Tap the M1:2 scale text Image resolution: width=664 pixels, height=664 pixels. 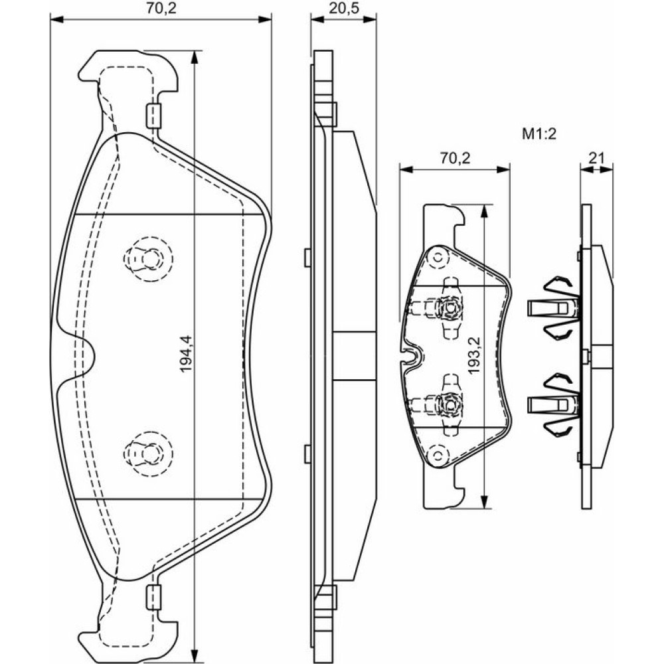(x=538, y=134)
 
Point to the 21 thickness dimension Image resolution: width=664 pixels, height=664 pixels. (x=596, y=157)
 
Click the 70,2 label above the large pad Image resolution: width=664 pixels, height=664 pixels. (x=161, y=9)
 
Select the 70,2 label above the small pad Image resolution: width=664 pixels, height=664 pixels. (x=455, y=157)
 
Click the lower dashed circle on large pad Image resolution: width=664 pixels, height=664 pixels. (x=147, y=452)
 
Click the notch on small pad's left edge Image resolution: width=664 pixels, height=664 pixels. (x=412, y=356)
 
